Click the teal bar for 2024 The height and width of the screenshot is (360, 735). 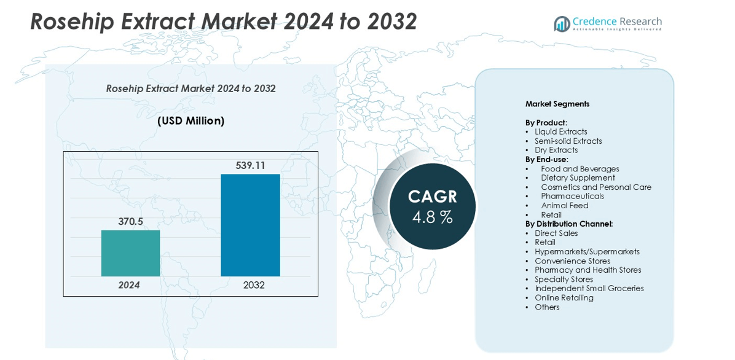[x=130, y=253]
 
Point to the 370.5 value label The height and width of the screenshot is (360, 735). [x=130, y=221]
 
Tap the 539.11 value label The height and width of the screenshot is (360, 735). [x=250, y=165]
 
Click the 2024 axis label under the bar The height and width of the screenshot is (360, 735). [x=129, y=285]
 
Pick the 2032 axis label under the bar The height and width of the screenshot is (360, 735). [x=254, y=285]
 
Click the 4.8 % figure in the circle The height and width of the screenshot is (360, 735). [x=432, y=217]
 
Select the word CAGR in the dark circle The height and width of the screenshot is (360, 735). [x=433, y=197]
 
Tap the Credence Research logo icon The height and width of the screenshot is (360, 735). [x=562, y=24]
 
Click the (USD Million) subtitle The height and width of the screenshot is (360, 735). [x=191, y=121]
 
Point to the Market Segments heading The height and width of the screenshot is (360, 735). [x=557, y=104]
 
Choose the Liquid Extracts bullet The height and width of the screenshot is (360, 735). [x=560, y=131]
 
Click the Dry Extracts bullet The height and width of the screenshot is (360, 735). [x=556, y=150]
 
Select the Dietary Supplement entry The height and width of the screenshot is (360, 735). [x=578, y=178]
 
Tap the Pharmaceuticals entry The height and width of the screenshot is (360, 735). [x=572, y=196]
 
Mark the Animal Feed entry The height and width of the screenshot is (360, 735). [x=564, y=205]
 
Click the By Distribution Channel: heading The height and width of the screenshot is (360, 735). [x=568, y=224]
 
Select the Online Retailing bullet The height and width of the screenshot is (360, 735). [x=564, y=297]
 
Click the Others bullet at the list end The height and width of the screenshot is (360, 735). [x=547, y=307]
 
